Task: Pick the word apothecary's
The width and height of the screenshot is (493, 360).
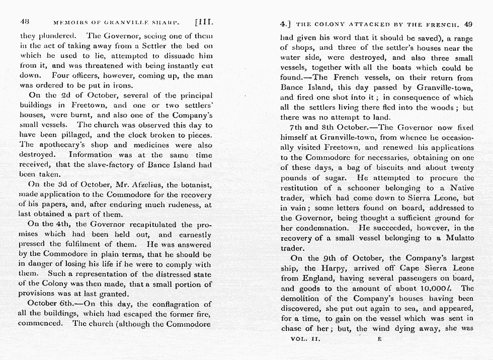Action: point(61,145)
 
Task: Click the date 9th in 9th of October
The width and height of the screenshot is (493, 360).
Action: point(326,258)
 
